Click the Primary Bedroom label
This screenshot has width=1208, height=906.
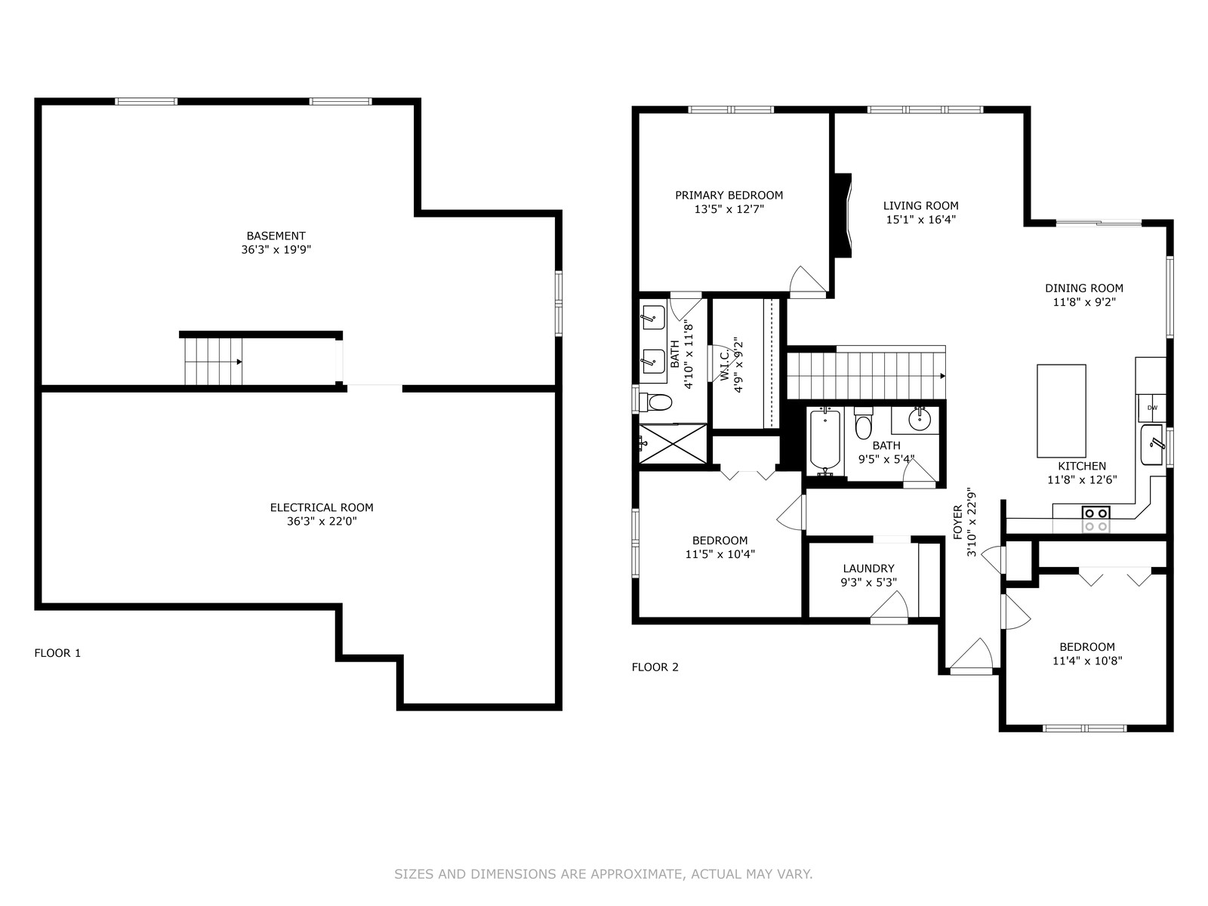pos(729,196)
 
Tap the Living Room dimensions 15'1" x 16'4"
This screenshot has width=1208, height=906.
pos(920,220)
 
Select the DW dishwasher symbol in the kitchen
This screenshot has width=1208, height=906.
pos(1152,408)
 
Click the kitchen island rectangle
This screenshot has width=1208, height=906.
pos(1061,411)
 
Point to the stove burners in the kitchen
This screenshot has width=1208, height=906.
pos(1096,519)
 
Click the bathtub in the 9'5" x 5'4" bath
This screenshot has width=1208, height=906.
pos(824,442)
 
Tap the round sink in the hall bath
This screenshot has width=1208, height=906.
pos(919,421)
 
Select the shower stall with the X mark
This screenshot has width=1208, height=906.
pos(673,443)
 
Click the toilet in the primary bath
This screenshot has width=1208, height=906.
pos(656,402)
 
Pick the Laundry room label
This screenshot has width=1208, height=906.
pos(868,569)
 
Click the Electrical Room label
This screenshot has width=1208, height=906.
pos(322,507)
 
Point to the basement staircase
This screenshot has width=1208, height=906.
pos(214,362)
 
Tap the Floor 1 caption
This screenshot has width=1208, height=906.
pos(57,653)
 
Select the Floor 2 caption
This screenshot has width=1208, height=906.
pos(655,667)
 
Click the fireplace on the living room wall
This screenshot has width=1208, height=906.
pos(843,215)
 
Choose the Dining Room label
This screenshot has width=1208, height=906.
pos(1084,288)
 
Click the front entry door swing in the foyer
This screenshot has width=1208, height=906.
pos(972,655)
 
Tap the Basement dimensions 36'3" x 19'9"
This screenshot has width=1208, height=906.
pos(276,250)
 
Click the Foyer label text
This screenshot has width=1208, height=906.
pos(958,522)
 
